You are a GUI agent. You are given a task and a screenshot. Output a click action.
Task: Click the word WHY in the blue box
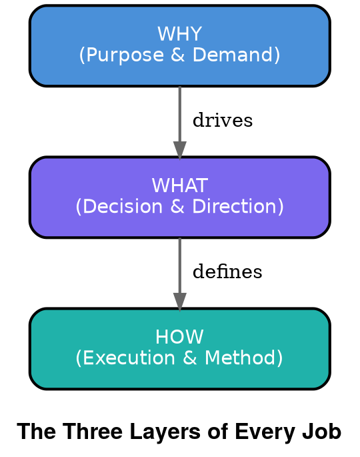179,34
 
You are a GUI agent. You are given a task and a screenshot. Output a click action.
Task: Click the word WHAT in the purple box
179,185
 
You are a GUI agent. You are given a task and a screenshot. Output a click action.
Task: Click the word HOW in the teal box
179,337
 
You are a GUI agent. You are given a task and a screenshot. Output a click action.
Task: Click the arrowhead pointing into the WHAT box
179,149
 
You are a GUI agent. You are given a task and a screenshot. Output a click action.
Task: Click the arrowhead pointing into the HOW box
179,301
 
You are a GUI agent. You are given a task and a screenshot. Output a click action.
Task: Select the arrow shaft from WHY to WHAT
179,113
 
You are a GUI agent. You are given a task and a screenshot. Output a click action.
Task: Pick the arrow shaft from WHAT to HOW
179,265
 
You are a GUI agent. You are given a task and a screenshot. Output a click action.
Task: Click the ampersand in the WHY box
177,55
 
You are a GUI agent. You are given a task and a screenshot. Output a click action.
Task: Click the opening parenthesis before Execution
79,358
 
